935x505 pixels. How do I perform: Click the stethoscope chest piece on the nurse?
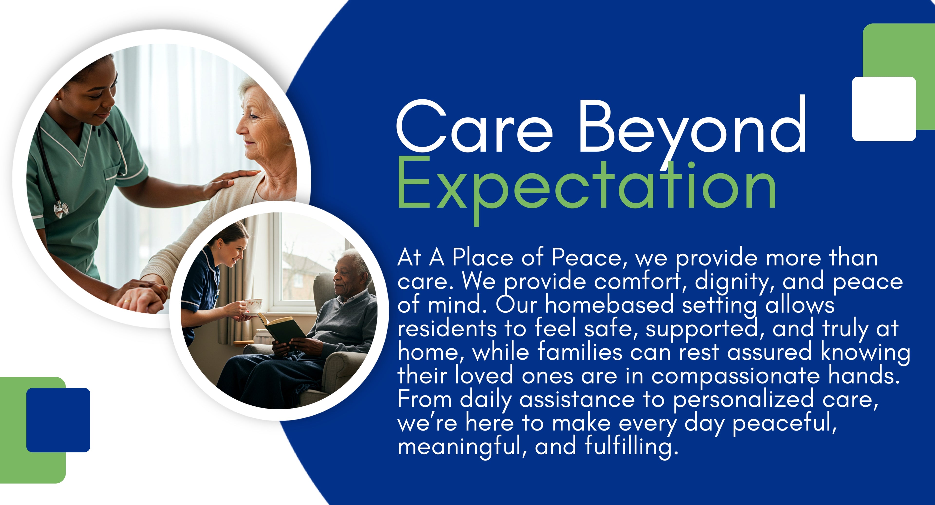click(61, 209)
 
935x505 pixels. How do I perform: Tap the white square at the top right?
click(884, 109)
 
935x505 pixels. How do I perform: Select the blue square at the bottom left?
click(58, 420)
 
